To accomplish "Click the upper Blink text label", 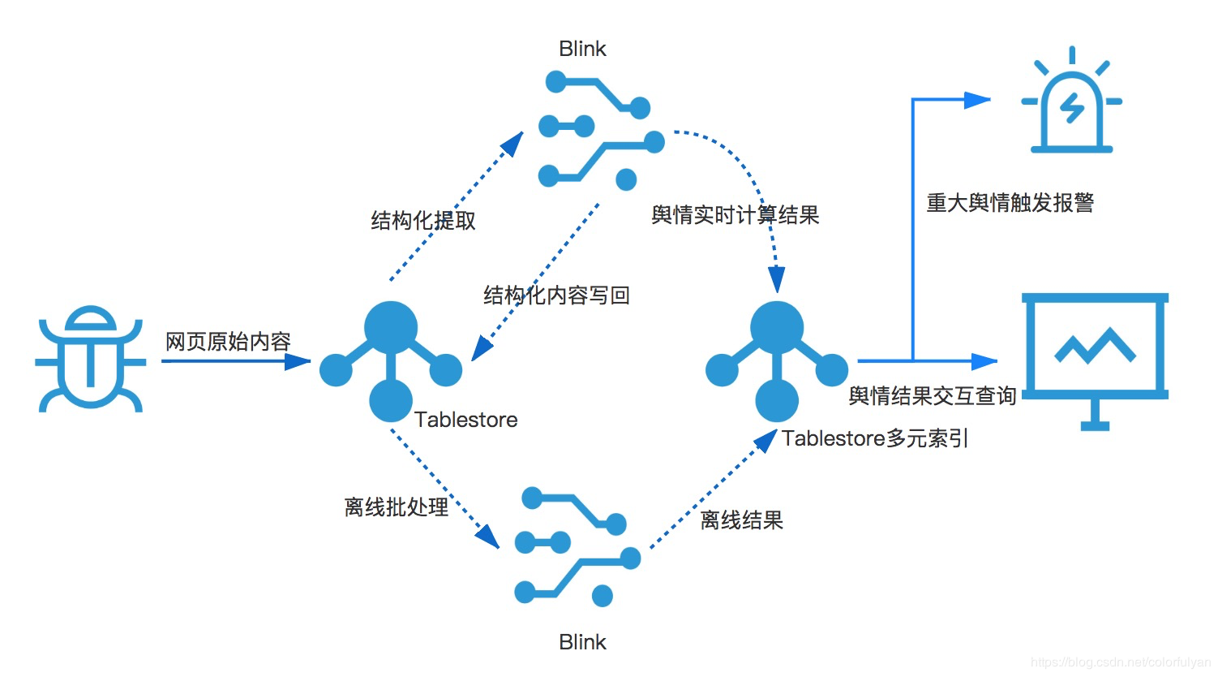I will [582, 50].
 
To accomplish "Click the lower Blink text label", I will [582, 642].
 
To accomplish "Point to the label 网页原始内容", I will [228, 342].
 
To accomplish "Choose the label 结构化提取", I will [423, 221].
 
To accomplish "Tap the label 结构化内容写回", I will [556, 295].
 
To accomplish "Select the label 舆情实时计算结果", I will [735, 215].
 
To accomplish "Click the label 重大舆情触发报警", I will [1010, 203].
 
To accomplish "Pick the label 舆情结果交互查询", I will [932, 396].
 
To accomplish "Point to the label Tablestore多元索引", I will [875, 439].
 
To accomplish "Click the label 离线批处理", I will [396, 507].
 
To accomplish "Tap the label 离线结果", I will [741, 520].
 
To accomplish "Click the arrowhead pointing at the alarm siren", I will [978, 101].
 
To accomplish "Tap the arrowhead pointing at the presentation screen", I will [984, 360].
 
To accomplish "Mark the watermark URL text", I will [1121, 663].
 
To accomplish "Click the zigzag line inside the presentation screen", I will [1095, 346].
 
